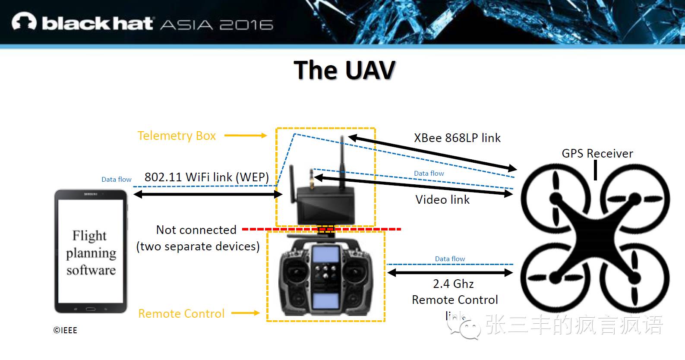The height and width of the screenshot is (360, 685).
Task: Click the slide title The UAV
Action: (344, 70)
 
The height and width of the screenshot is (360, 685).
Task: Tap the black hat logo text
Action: (98, 23)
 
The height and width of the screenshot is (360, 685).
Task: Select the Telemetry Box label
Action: (177, 136)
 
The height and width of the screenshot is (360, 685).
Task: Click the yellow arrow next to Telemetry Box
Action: (245, 136)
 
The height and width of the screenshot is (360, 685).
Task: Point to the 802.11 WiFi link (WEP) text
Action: (206, 177)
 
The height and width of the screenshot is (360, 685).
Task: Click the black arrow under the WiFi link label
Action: (208, 195)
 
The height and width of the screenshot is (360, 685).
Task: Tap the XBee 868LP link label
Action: (457, 138)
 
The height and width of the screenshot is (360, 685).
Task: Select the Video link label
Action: (442, 199)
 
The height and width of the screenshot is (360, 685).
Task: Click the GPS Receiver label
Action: (597, 153)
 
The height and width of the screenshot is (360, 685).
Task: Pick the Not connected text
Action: (196, 230)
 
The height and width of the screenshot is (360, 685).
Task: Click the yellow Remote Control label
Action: (181, 313)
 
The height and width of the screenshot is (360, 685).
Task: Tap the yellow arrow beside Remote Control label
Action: (245, 313)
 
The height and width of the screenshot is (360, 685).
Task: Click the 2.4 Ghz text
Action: (453, 284)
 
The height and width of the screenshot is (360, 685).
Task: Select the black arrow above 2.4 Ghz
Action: (450, 272)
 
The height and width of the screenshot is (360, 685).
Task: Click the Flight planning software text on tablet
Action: (91, 253)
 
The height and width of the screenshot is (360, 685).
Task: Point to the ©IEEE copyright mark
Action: (65, 330)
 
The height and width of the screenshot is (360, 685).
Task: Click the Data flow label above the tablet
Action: (116, 179)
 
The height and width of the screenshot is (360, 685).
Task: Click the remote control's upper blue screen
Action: (325, 255)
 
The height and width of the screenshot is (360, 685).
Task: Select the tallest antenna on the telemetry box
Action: (342, 162)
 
